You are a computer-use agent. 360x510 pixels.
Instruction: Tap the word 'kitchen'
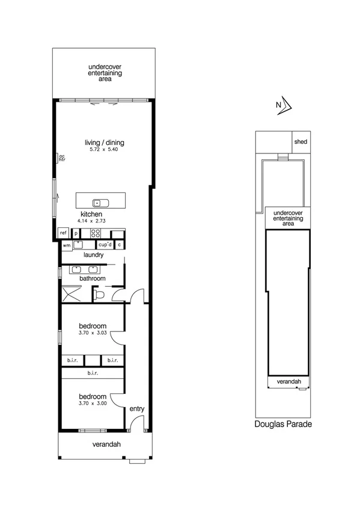coord(91,215)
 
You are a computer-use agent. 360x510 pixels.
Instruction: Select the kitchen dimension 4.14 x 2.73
coord(91,221)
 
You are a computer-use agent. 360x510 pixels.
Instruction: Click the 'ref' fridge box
coord(63,233)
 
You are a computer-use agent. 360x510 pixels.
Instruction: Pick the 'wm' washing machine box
coord(66,245)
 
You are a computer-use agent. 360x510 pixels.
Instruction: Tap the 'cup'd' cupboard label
coord(105,245)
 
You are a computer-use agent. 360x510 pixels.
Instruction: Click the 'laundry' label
coord(93,255)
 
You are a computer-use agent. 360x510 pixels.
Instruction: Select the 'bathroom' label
coord(93,278)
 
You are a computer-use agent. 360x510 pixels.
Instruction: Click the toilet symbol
coord(100,294)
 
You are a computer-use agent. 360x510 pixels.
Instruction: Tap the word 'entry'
coord(137,409)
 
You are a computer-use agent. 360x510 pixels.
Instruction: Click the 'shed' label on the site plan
coord(301,142)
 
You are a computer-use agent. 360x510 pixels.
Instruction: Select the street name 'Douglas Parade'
coord(282,424)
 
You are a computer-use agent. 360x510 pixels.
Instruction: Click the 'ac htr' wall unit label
coord(61,159)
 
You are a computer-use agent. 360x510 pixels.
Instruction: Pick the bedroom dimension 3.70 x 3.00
coord(93,404)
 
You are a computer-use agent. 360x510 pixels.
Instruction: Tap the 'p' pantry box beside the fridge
coord(76,233)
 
